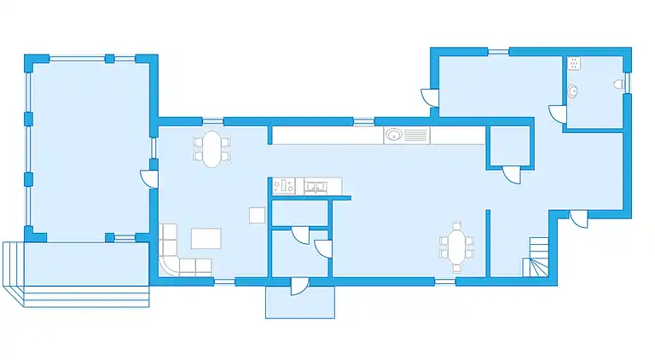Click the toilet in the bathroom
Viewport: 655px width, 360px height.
click(x=617, y=84)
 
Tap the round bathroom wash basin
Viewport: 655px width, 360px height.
click(x=574, y=90)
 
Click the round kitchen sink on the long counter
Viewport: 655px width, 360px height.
click(x=394, y=135)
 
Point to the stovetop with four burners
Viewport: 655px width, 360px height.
click(x=283, y=185)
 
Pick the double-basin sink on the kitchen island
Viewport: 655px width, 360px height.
click(x=315, y=185)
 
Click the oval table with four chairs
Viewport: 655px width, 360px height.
click(x=212, y=149)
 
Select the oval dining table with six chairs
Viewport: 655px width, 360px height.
click(x=457, y=247)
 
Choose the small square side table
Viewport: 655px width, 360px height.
click(x=257, y=215)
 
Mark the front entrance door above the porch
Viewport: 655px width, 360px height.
click(x=300, y=285)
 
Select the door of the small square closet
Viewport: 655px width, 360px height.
click(x=511, y=174)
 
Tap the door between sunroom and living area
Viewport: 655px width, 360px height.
click(x=150, y=179)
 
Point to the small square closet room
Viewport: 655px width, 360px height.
click(x=509, y=147)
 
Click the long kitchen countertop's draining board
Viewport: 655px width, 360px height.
click(x=416, y=135)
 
